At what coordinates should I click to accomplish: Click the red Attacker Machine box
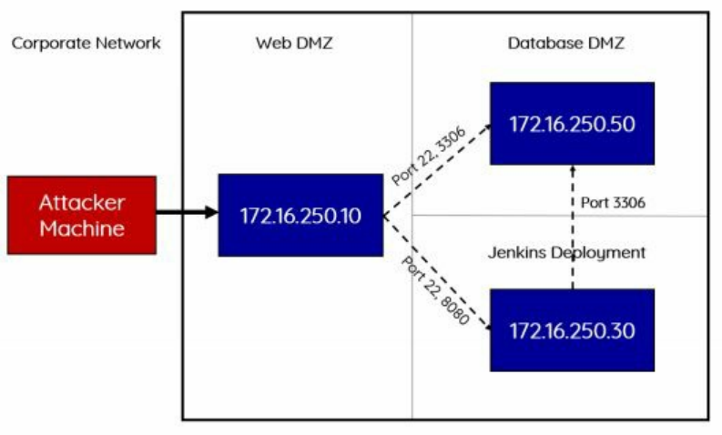point(82,215)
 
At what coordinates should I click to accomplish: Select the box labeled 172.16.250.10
point(300,215)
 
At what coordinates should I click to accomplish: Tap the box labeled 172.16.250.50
point(572,124)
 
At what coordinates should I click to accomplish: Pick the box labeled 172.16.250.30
point(572,329)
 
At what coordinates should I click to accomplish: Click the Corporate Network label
point(86,43)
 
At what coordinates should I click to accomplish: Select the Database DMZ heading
point(566,43)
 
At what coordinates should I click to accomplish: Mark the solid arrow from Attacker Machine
point(187,214)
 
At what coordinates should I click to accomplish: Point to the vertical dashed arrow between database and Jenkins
point(572,228)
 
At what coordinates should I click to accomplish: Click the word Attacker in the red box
point(82,203)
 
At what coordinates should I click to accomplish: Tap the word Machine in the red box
point(82,228)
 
